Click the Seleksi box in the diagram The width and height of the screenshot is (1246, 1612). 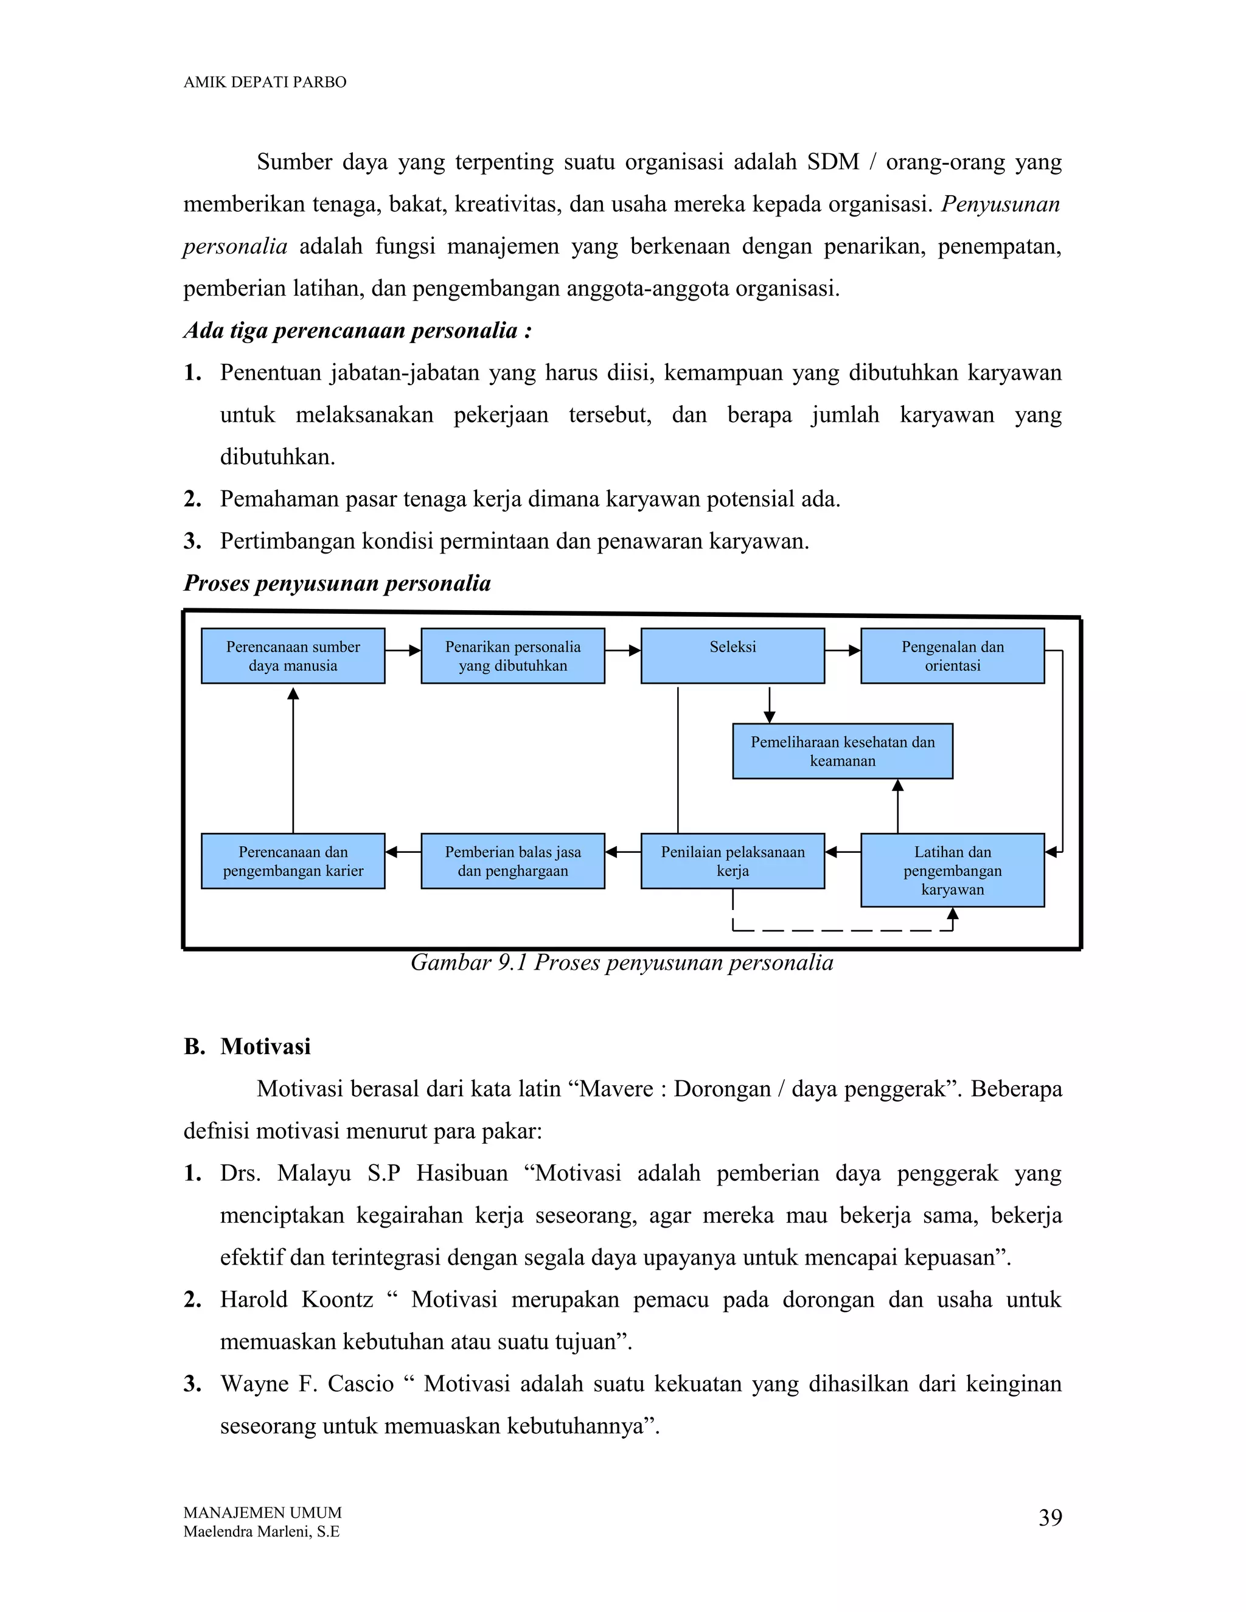(x=733, y=655)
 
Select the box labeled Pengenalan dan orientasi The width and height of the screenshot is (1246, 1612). (x=952, y=655)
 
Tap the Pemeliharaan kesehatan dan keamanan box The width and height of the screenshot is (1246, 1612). (x=842, y=751)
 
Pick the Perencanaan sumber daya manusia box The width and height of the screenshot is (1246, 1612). (x=293, y=655)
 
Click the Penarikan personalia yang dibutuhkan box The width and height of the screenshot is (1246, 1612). (x=512, y=655)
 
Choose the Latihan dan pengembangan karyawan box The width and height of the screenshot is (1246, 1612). (x=952, y=869)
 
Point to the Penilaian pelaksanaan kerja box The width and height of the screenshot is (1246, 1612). (x=733, y=861)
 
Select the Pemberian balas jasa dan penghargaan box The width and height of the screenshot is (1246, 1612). (x=512, y=861)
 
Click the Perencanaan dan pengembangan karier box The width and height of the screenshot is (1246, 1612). (x=293, y=861)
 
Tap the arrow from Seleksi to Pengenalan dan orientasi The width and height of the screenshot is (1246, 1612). (x=842, y=650)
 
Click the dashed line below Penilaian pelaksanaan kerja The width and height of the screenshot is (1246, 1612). (x=841, y=930)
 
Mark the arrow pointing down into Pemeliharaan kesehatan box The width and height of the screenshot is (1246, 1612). (x=769, y=704)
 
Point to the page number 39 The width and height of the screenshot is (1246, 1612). (x=1049, y=1518)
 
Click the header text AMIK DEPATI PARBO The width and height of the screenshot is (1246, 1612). (x=264, y=82)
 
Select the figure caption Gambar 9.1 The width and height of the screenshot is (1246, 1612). (x=622, y=962)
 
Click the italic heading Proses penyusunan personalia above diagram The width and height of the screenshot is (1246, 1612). (x=336, y=583)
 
